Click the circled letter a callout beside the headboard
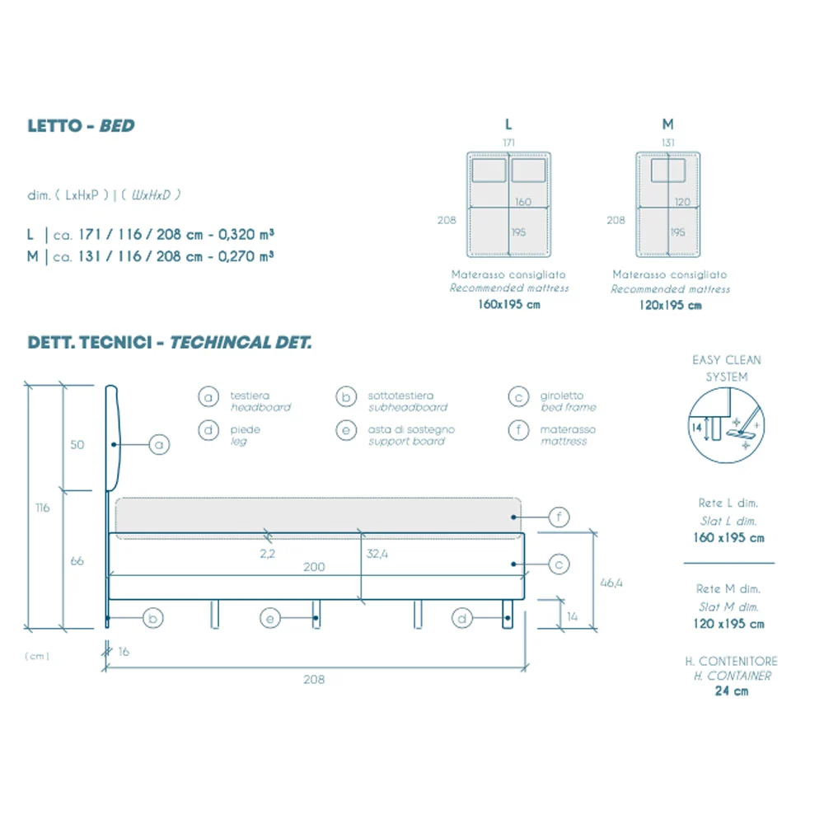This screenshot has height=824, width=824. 160,445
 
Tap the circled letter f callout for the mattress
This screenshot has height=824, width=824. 559,517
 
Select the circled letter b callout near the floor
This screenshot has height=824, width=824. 152,617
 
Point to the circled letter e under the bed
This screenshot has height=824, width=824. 272,617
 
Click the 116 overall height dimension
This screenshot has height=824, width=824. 43,508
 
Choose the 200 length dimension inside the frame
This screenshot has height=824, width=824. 314,567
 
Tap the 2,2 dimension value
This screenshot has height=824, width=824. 267,555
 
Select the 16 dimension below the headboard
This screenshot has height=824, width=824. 124,651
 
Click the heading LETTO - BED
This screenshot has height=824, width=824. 81,126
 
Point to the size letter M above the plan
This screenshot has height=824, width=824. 667,124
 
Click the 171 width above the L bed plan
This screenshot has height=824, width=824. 509,143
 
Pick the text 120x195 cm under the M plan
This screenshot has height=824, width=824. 670,305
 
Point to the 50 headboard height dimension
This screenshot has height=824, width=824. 77,445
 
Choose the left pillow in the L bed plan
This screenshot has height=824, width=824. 489,171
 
